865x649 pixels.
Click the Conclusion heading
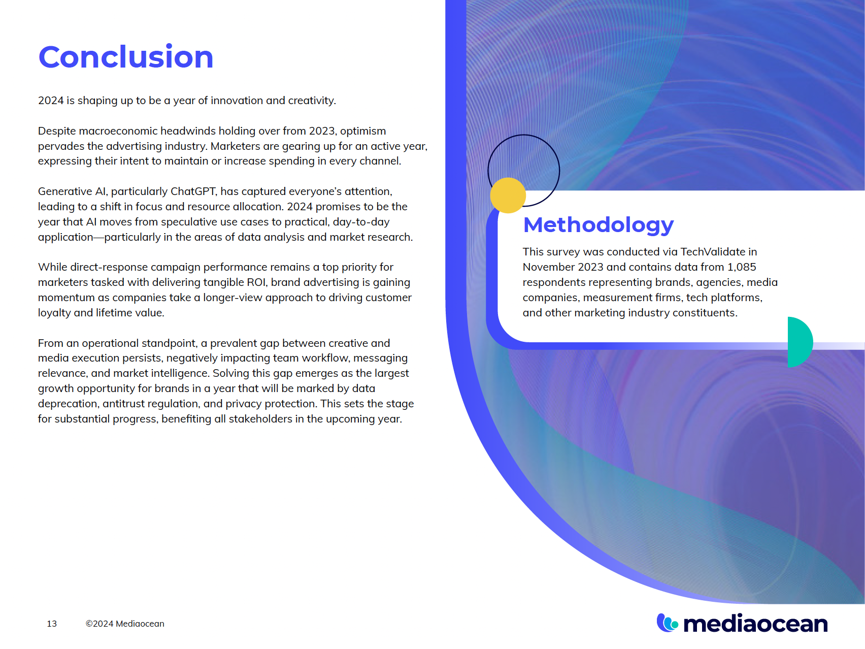tap(126, 56)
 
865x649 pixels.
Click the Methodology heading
tap(598, 224)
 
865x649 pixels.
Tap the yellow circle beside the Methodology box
tap(508, 196)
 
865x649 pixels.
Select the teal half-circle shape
tap(800, 342)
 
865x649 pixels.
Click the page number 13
tap(52, 624)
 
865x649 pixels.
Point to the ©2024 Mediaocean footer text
tap(125, 624)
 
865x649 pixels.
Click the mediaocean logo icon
tap(667, 623)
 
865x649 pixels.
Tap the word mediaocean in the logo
tap(755, 624)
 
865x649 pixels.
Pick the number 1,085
tap(741, 267)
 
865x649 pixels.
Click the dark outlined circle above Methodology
tap(524, 152)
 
